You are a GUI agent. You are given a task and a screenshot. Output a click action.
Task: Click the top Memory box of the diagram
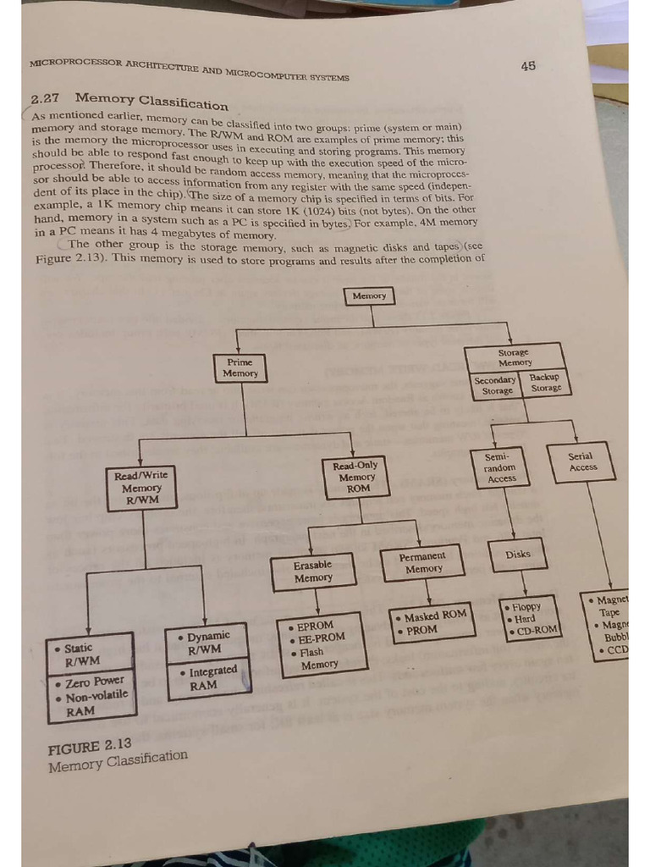tap(369, 295)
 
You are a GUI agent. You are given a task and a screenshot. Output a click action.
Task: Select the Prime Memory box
tap(240, 368)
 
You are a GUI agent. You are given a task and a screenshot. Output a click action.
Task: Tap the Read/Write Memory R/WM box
tap(142, 489)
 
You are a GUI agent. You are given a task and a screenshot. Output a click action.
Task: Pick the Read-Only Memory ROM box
tap(356, 477)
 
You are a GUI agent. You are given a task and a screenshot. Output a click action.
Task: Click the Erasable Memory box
tap(313, 572)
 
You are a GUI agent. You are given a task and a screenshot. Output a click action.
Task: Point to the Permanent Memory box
tap(423, 563)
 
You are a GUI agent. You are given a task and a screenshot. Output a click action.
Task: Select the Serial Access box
tap(583, 462)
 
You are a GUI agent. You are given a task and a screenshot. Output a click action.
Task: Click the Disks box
tap(518, 555)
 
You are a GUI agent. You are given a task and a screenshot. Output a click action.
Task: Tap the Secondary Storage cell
tap(495, 385)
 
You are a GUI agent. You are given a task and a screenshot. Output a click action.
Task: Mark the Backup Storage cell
tap(545, 383)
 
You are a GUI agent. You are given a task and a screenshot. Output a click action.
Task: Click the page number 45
tap(528, 66)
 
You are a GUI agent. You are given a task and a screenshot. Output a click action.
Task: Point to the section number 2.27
tap(45, 99)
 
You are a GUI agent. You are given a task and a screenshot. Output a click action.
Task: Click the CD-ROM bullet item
tap(535, 630)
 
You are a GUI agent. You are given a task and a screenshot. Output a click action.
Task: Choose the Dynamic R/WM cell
tap(207, 642)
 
